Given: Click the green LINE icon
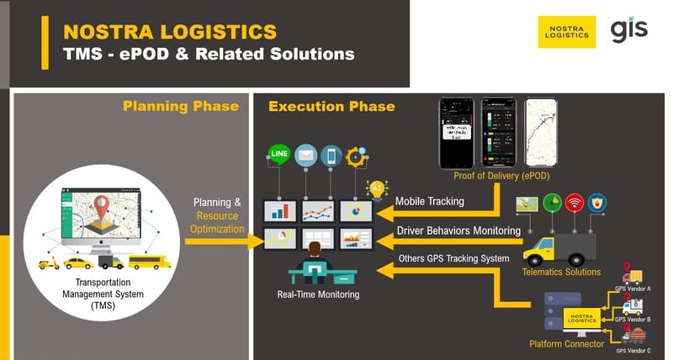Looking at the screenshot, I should coord(278,156).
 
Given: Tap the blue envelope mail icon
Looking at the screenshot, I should coord(304,156).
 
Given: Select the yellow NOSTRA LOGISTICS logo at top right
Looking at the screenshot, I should coord(567,32).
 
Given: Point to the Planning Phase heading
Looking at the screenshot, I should coord(180,106).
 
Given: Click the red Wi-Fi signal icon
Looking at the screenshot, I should coord(575,204).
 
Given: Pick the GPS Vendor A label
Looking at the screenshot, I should coord(633,289).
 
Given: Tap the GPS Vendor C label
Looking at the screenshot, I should coord(633,349).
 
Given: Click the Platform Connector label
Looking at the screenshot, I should coord(566,343).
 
